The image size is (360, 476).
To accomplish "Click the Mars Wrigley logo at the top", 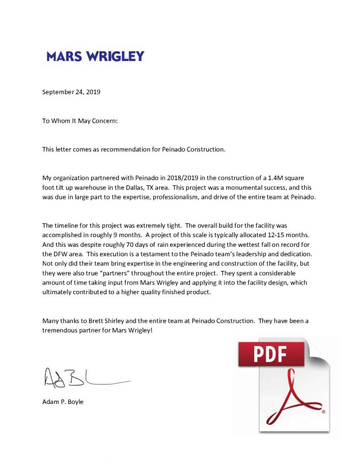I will (95, 57).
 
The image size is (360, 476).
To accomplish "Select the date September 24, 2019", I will (71, 92).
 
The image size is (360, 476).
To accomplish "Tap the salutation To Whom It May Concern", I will (80, 121).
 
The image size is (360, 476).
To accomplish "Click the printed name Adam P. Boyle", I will (63, 402).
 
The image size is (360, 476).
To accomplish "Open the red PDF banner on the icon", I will (271, 354).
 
